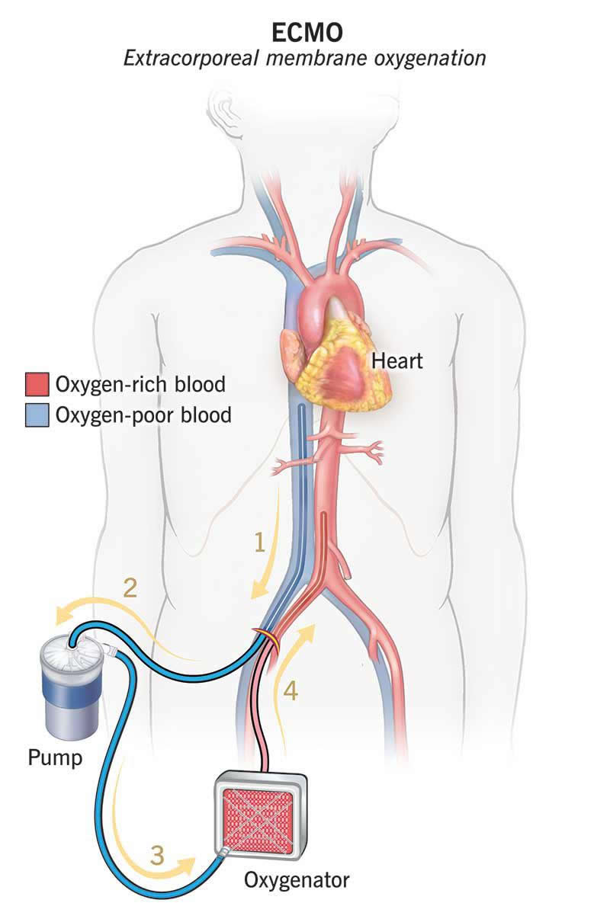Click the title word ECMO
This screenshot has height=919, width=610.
click(x=307, y=33)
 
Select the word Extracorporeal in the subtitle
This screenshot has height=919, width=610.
click(x=191, y=59)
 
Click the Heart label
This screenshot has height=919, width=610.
click(x=396, y=361)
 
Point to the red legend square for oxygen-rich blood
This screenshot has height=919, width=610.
click(x=37, y=384)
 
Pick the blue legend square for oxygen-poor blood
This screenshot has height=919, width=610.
click(x=37, y=415)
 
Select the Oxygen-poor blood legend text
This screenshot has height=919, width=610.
click(x=143, y=415)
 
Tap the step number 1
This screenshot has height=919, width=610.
click(x=259, y=543)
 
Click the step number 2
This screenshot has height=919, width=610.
click(x=130, y=588)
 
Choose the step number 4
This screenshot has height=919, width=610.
click(x=291, y=690)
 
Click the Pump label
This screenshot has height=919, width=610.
click(x=55, y=757)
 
